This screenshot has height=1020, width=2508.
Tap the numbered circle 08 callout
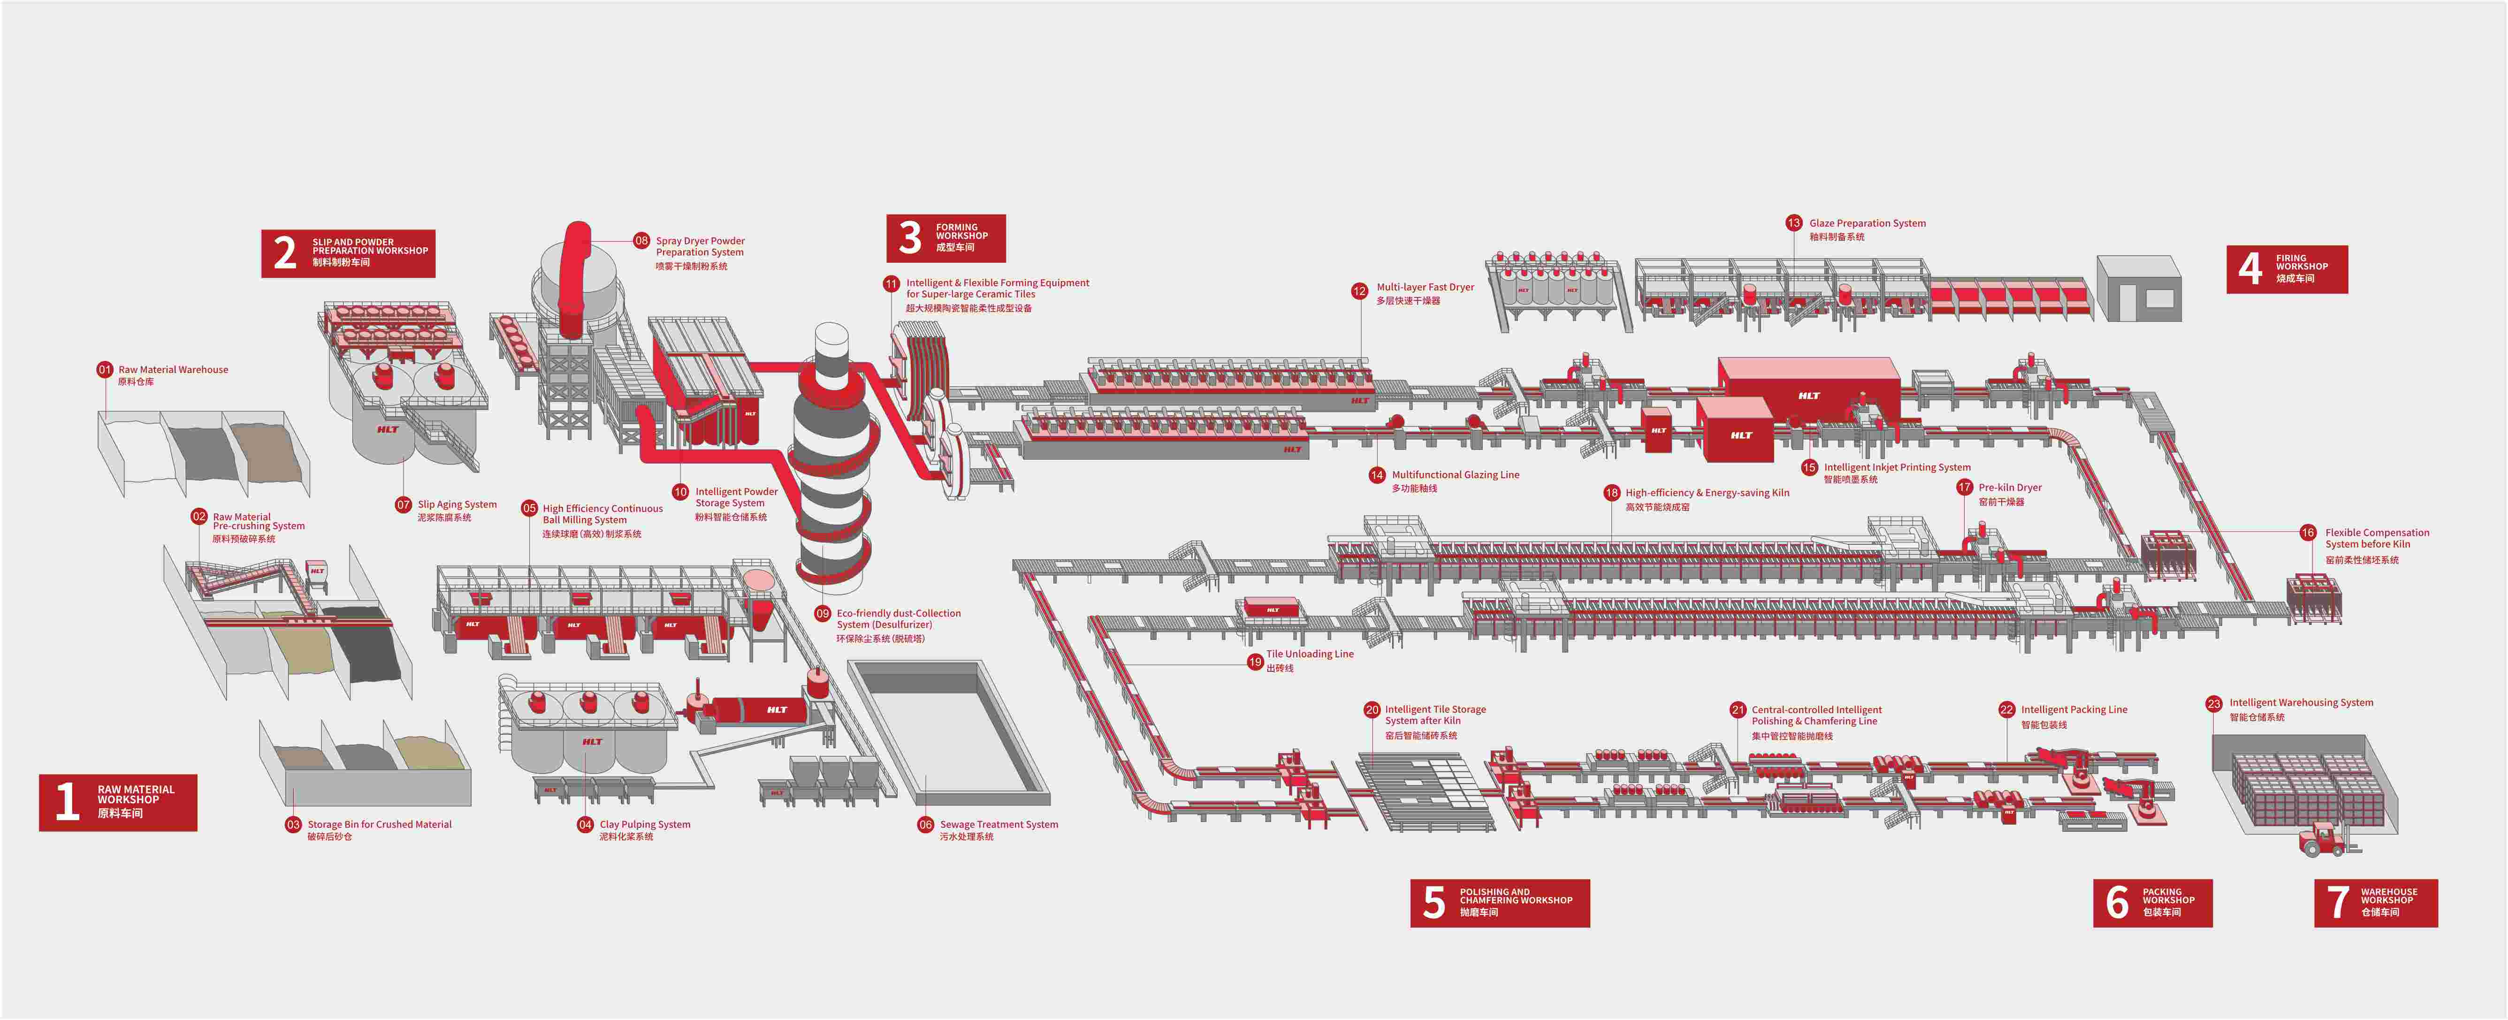(x=641, y=240)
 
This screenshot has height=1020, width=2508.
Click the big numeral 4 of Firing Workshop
(x=2250, y=269)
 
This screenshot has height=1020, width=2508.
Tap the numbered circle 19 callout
(x=1255, y=662)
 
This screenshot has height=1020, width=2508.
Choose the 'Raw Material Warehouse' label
(x=173, y=370)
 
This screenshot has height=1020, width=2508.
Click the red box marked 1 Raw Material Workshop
(x=118, y=802)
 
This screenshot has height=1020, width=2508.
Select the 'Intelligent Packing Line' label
(x=2074, y=709)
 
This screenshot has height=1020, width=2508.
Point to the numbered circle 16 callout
(x=2308, y=533)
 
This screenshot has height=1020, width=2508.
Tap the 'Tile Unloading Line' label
(x=1310, y=654)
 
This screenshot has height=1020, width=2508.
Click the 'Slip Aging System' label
(x=457, y=504)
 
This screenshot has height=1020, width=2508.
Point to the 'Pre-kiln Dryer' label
(x=2010, y=487)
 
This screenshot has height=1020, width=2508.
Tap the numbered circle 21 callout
(x=1738, y=709)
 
